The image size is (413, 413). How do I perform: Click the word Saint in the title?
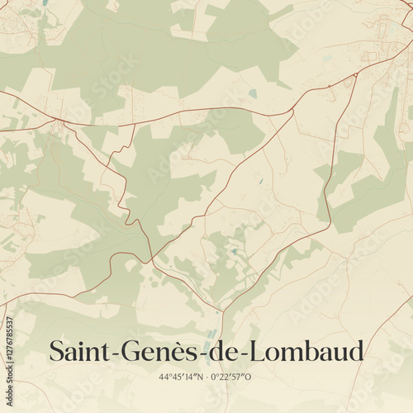(x=81, y=351)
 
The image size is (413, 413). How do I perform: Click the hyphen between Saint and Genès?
(x=116, y=354)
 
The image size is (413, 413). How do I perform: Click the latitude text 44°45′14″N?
(x=183, y=377)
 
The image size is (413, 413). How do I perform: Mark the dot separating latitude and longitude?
(x=206, y=377)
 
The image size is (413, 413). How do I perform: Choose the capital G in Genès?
(x=132, y=351)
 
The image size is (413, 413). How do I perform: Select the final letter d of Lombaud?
(x=355, y=351)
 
